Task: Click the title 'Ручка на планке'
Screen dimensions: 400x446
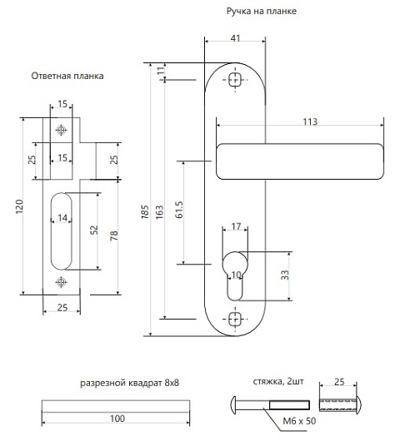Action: tap(262, 11)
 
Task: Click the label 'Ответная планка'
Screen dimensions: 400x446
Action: tap(67, 76)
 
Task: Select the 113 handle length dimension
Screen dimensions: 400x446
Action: tap(310, 121)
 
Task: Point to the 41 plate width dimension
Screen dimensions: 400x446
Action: tap(235, 38)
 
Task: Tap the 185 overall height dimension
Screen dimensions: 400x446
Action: tap(145, 212)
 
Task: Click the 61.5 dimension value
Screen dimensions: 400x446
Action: tap(179, 210)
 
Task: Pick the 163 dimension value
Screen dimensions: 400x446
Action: tap(159, 212)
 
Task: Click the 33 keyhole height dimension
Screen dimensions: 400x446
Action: tap(285, 275)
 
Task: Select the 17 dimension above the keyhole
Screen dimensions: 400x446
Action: tap(236, 226)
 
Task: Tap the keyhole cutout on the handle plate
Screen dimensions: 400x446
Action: tap(235, 275)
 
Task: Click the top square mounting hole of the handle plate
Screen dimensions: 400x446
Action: tap(235, 80)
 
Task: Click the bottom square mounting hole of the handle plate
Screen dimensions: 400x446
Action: tap(235, 320)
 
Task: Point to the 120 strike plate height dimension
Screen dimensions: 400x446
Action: tap(19, 207)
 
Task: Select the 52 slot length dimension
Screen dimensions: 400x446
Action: tap(93, 230)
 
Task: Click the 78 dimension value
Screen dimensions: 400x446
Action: tap(113, 235)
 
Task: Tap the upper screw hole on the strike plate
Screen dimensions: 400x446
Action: tap(61, 130)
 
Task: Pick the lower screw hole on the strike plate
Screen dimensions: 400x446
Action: tap(61, 282)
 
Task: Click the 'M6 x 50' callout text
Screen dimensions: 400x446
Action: tap(299, 421)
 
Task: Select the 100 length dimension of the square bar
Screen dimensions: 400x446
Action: tap(117, 419)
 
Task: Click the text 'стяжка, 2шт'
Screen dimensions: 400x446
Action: tap(278, 381)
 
